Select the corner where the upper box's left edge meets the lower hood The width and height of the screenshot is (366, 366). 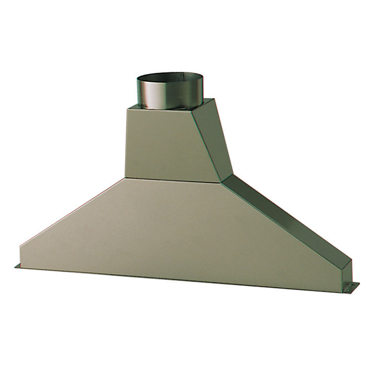click(125, 178)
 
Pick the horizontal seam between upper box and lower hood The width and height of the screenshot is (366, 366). click(172, 180)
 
